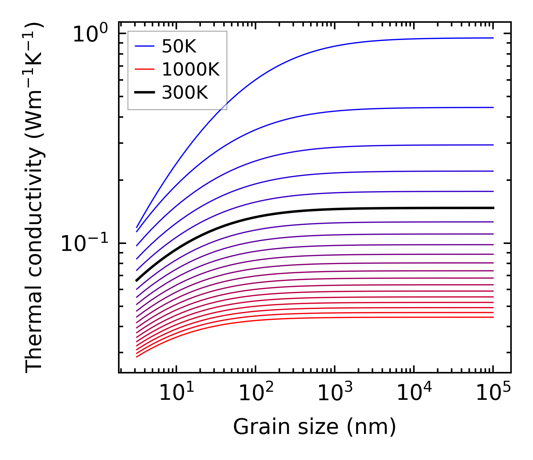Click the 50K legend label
coord(179,47)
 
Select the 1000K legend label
coord(191,70)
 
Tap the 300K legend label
coord(185,93)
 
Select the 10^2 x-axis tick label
coord(256,393)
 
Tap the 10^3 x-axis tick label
coord(335,393)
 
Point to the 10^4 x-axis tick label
coord(414,393)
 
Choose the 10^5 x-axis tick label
coord(493,393)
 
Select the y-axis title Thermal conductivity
coord(35,198)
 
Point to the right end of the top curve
coord(493,38)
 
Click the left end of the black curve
coord(137,280)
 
